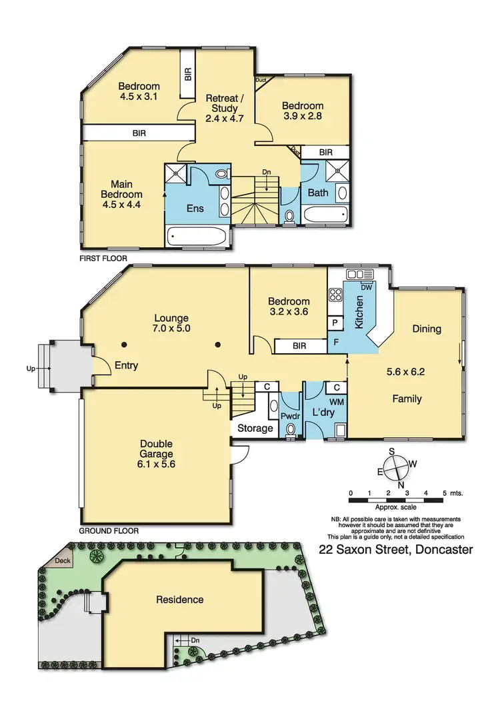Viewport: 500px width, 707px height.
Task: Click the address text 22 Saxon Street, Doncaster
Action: point(396,550)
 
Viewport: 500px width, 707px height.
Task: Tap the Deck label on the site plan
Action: point(63,561)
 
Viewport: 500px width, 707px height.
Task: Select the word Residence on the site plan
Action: point(179,599)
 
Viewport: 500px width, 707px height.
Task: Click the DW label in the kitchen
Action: point(366,287)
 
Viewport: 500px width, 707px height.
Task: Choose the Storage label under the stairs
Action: point(255,428)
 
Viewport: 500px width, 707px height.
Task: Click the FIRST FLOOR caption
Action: point(103,258)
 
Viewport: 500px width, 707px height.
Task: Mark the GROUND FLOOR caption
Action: point(109,531)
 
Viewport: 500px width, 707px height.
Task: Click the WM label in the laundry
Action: point(336,402)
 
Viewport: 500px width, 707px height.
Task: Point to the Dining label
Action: point(427,329)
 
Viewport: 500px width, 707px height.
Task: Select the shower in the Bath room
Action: point(340,170)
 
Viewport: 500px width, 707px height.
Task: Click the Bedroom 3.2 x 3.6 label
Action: point(289,306)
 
